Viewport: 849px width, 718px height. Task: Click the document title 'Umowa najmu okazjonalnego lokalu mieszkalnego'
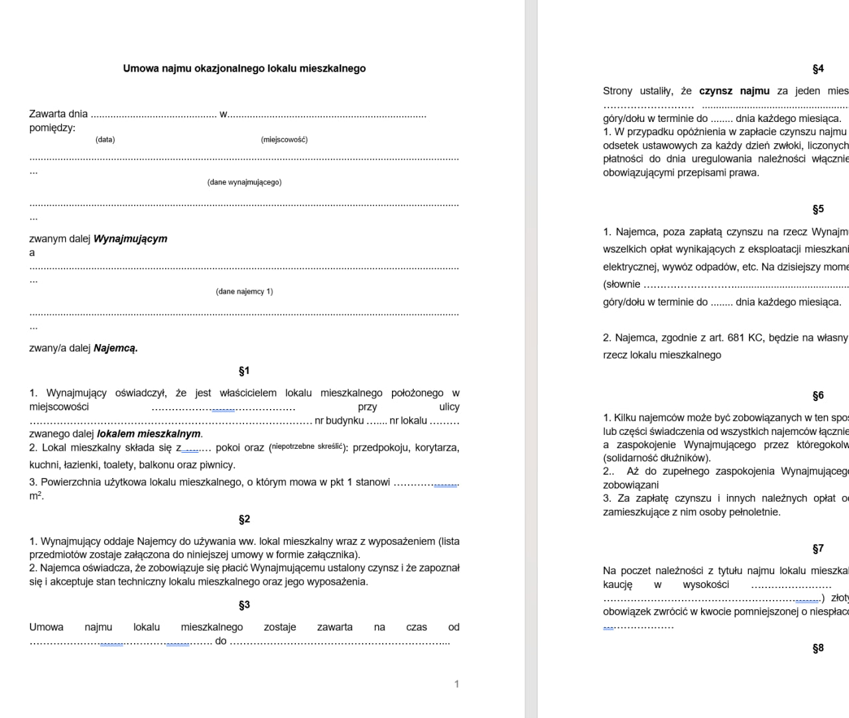(x=244, y=68)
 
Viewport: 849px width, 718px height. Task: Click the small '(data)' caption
(x=105, y=140)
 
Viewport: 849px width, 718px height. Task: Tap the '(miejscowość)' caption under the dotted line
(x=284, y=140)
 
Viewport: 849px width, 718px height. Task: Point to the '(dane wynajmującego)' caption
(x=244, y=182)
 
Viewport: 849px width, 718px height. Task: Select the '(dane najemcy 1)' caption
(x=244, y=292)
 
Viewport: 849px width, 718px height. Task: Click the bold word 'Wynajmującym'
(x=131, y=239)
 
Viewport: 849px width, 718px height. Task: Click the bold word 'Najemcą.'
(x=115, y=348)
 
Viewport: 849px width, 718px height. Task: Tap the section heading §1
(x=244, y=371)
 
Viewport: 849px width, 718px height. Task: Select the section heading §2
(x=244, y=520)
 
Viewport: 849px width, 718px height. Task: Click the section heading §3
(x=244, y=605)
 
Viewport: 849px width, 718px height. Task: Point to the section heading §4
(x=818, y=69)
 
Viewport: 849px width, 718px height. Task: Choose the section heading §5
(x=818, y=209)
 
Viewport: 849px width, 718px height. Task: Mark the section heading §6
(x=818, y=396)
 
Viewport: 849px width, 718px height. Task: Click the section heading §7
(x=818, y=549)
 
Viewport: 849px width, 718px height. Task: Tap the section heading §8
(x=818, y=648)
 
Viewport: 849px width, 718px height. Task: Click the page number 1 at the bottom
(x=456, y=684)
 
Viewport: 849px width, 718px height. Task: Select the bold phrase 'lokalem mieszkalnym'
(x=149, y=434)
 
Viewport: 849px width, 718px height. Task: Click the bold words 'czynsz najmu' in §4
(x=734, y=91)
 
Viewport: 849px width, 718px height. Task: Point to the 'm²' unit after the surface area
(x=35, y=496)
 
